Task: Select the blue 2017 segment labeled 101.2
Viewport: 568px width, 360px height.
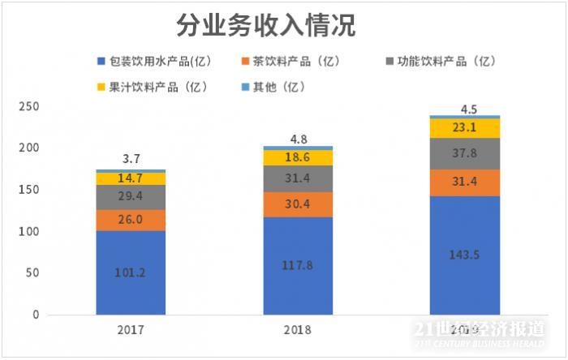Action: click(x=131, y=272)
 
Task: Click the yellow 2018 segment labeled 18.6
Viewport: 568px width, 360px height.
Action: click(x=298, y=158)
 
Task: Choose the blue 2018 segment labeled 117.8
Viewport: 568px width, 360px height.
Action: click(x=298, y=265)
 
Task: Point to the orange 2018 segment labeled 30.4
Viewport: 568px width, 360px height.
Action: click(x=298, y=204)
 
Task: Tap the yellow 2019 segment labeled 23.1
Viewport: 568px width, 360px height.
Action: click(x=465, y=128)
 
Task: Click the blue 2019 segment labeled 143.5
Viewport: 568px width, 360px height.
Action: click(x=465, y=255)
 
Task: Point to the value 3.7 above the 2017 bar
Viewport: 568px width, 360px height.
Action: click(x=131, y=159)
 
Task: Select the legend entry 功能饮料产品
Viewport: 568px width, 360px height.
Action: click(x=439, y=62)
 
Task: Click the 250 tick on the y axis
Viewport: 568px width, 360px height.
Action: click(x=28, y=107)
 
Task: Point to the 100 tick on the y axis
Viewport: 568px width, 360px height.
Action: click(x=28, y=232)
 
